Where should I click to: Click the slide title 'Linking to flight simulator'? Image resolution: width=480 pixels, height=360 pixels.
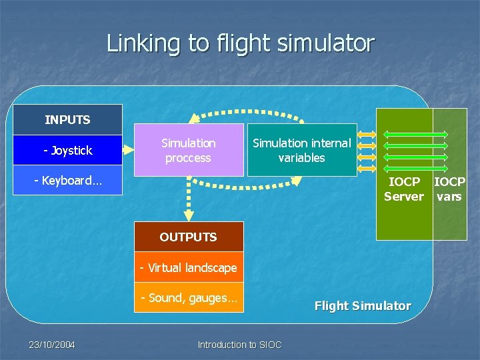tap(240, 44)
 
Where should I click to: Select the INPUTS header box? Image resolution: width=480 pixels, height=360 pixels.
tap(67, 120)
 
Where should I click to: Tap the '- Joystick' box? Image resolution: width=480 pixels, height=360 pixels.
tap(67, 150)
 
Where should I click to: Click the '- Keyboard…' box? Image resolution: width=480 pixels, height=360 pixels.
tap(67, 180)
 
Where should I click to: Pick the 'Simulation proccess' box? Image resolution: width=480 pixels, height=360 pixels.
tap(189, 151)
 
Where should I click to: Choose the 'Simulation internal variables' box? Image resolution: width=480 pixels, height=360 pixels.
tap(301, 151)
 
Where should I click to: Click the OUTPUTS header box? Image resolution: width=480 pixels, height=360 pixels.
tap(188, 237)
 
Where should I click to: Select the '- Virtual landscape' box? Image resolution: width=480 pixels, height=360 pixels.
tap(188, 267)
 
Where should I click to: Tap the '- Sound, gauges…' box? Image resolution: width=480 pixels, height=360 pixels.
tap(188, 297)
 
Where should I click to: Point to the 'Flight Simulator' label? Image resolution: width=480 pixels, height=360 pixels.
tap(363, 305)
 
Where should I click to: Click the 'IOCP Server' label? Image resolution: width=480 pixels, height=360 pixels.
tap(404, 189)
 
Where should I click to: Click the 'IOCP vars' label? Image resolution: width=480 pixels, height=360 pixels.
tap(449, 189)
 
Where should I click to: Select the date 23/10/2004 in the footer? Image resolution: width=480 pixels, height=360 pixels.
tap(51, 345)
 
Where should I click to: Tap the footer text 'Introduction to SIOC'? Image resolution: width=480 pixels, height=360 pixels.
tap(239, 345)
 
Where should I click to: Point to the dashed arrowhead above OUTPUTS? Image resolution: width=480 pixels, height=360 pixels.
tap(189, 214)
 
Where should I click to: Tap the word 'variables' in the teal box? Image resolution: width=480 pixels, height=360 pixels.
tap(301, 158)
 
